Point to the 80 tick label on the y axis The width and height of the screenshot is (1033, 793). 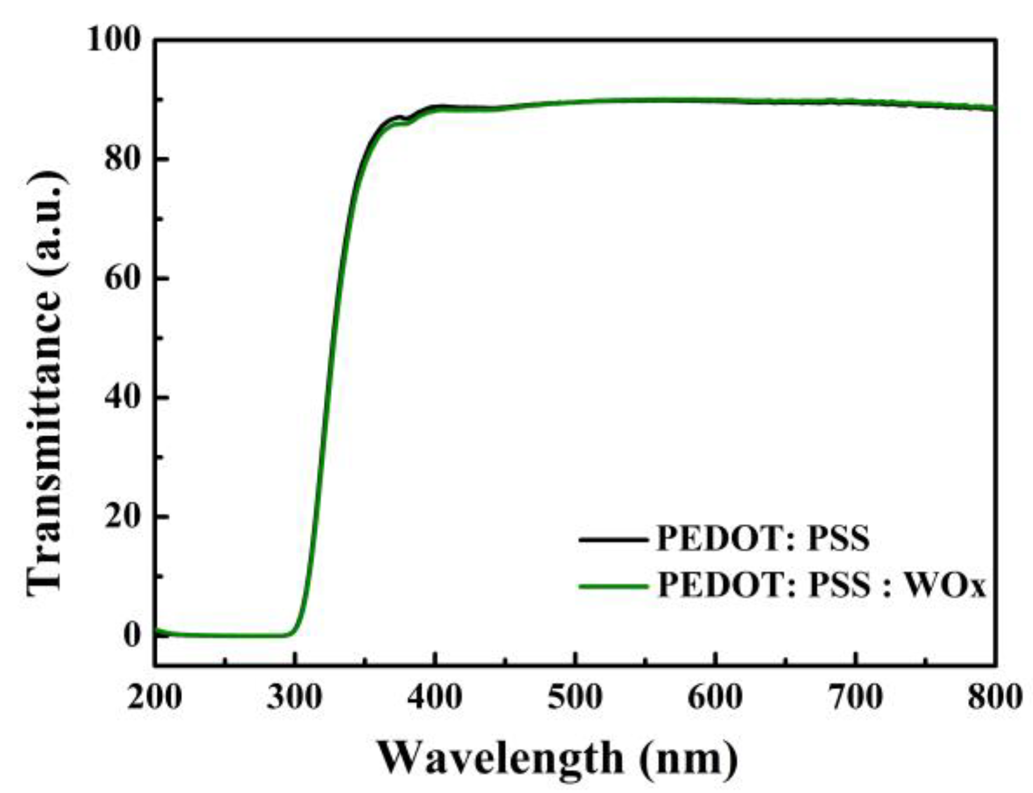(123, 158)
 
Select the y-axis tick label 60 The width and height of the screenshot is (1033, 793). (123, 278)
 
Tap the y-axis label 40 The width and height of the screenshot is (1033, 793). (123, 397)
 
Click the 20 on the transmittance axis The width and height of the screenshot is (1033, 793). (123, 516)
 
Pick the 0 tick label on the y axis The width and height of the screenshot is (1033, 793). (132, 635)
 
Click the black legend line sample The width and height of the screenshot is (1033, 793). (613, 540)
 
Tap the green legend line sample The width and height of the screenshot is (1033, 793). (613, 587)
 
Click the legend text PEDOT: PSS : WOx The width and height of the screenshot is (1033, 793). (821, 585)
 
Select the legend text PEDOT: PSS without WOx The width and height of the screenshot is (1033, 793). (763, 539)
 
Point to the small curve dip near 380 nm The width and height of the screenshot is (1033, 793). (404, 121)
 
